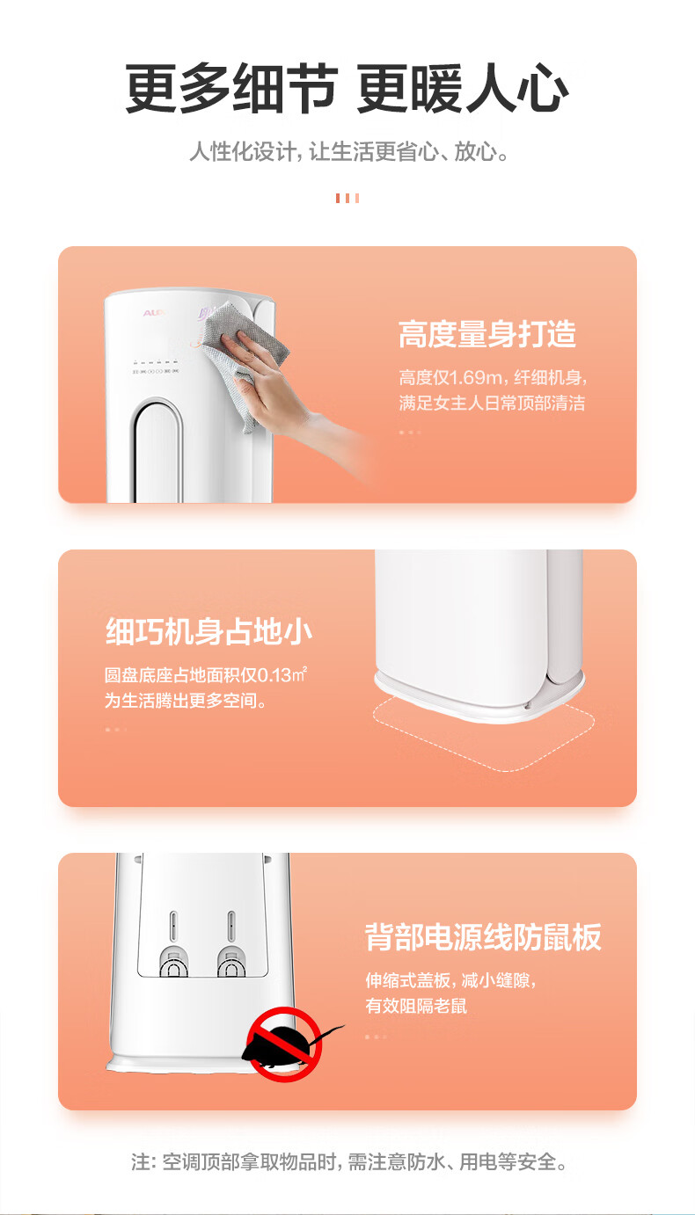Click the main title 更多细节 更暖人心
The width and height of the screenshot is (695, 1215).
tap(347, 88)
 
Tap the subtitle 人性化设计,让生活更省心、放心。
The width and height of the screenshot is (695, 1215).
tap(349, 151)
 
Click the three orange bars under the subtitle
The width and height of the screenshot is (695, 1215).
tap(347, 198)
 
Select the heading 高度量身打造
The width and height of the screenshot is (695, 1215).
tap(487, 333)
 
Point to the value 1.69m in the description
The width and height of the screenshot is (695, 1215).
tap(476, 377)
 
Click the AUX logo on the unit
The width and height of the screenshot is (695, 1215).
tap(154, 313)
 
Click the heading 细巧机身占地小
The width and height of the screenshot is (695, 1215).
tap(209, 631)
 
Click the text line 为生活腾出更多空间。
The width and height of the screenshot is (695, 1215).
tap(186, 701)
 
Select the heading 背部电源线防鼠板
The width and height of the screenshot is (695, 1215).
tap(483, 936)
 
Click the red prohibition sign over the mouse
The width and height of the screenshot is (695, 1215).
tap(284, 1044)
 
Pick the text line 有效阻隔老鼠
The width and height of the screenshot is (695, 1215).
tap(416, 1006)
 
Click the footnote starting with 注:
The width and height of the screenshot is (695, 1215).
tap(349, 1161)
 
